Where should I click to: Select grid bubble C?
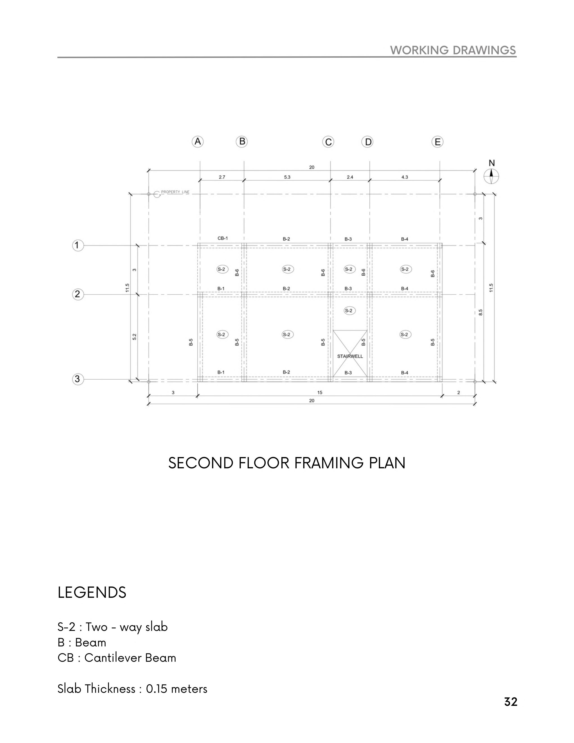coord(328,142)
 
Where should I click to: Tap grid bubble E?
coord(437,142)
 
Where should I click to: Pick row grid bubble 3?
coord(77,379)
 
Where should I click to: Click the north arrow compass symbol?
coord(491,176)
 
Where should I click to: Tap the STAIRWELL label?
coord(350,356)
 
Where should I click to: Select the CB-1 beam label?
coord(223,238)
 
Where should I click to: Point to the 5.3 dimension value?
coord(287,177)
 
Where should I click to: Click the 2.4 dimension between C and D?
coord(350,177)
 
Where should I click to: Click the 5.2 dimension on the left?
coord(134,337)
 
